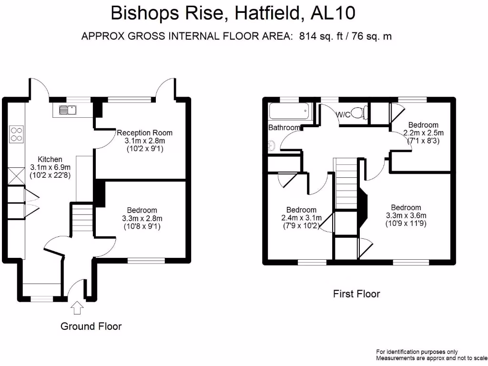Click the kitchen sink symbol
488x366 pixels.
tap(67, 110)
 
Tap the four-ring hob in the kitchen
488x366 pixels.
tap(16, 133)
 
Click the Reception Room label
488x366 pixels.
tap(144, 132)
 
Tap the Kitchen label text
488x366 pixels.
tap(50, 159)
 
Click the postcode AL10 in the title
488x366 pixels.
tap(332, 13)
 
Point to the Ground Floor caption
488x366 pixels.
tap(91, 326)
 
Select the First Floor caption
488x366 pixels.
tap(356, 294)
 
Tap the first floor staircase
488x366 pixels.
tap(346, 183)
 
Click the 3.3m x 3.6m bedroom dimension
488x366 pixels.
tap(406, 215)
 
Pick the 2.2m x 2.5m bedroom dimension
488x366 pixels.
tap(423, 133)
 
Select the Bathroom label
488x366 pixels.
tap(284, 127)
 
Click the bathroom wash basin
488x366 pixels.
tap(272, 145)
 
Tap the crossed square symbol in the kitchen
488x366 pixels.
tap(15, 175)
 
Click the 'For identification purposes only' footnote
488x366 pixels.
tap(417, 352)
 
